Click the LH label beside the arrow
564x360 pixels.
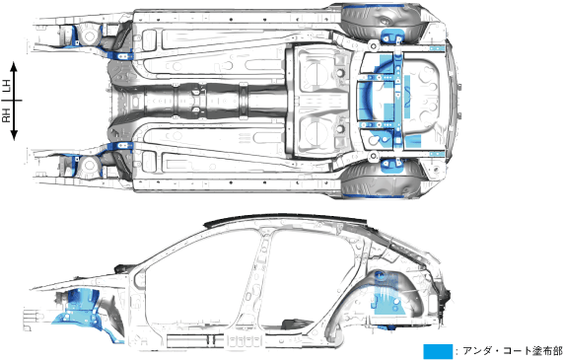tap(7, 87)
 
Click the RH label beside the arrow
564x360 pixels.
tap(7, 115)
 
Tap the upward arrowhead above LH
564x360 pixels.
tap(14, 66)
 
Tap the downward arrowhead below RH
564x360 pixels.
tap(14, 135)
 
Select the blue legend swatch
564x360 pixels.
tap(438, 351)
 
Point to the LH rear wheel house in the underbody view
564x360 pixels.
tap(381, 21)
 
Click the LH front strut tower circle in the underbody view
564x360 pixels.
tap(89, 36)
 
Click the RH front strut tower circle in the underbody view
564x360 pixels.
tap(89, 165)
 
